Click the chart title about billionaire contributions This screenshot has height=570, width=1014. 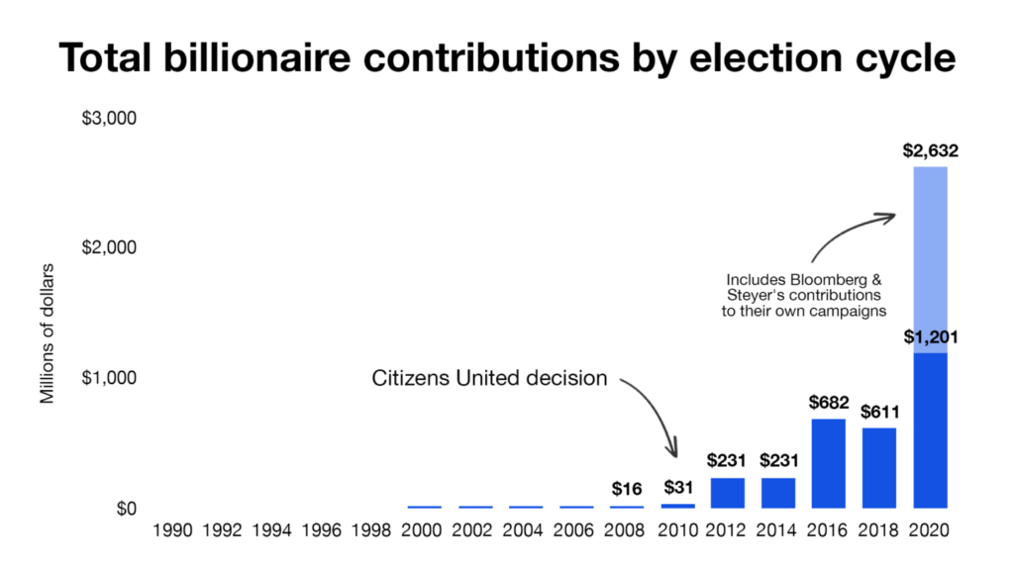(507, 58)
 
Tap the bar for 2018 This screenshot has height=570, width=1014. (878, 468)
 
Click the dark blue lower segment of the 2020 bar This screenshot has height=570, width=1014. (929, 430)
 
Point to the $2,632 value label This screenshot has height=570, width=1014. (930, 152)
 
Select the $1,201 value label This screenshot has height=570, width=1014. (930, 337)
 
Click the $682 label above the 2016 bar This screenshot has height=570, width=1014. (829, 403)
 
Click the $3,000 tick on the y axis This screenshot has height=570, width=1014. (108, 118)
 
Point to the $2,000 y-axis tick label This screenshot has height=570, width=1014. (108, 247)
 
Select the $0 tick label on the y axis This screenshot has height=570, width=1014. (123, 509)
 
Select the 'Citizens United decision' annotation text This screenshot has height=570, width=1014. (489, 377)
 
